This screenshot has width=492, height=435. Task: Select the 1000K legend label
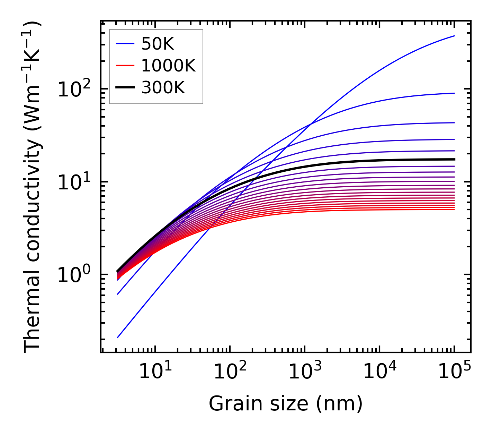[x=168, y=66]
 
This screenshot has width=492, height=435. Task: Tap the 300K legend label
[x=163, y=88]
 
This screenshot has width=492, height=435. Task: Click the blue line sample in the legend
[x=125, y=44]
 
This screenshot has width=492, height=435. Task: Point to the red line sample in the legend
[x=125, y=66]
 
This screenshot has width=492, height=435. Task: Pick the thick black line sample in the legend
[x=125, y=88]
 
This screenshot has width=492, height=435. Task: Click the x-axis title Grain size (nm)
[x=286, y=404]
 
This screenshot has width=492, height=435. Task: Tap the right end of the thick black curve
[x=454, y=159]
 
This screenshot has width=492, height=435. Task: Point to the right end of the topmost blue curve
[x=454, y=36]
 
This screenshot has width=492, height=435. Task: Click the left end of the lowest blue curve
[x=118, y=337]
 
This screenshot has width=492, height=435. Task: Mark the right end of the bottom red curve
[x=454, y=210]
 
